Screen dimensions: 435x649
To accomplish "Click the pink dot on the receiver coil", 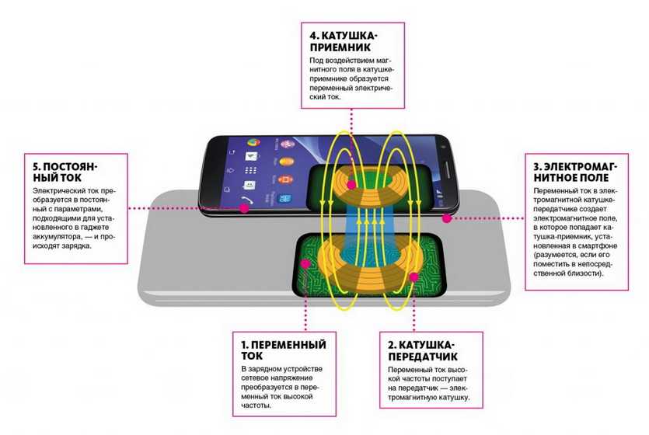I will [351, 185].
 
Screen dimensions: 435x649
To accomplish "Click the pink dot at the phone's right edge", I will [448, 219].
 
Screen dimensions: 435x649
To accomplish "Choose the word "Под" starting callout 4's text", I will [313, 59].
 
